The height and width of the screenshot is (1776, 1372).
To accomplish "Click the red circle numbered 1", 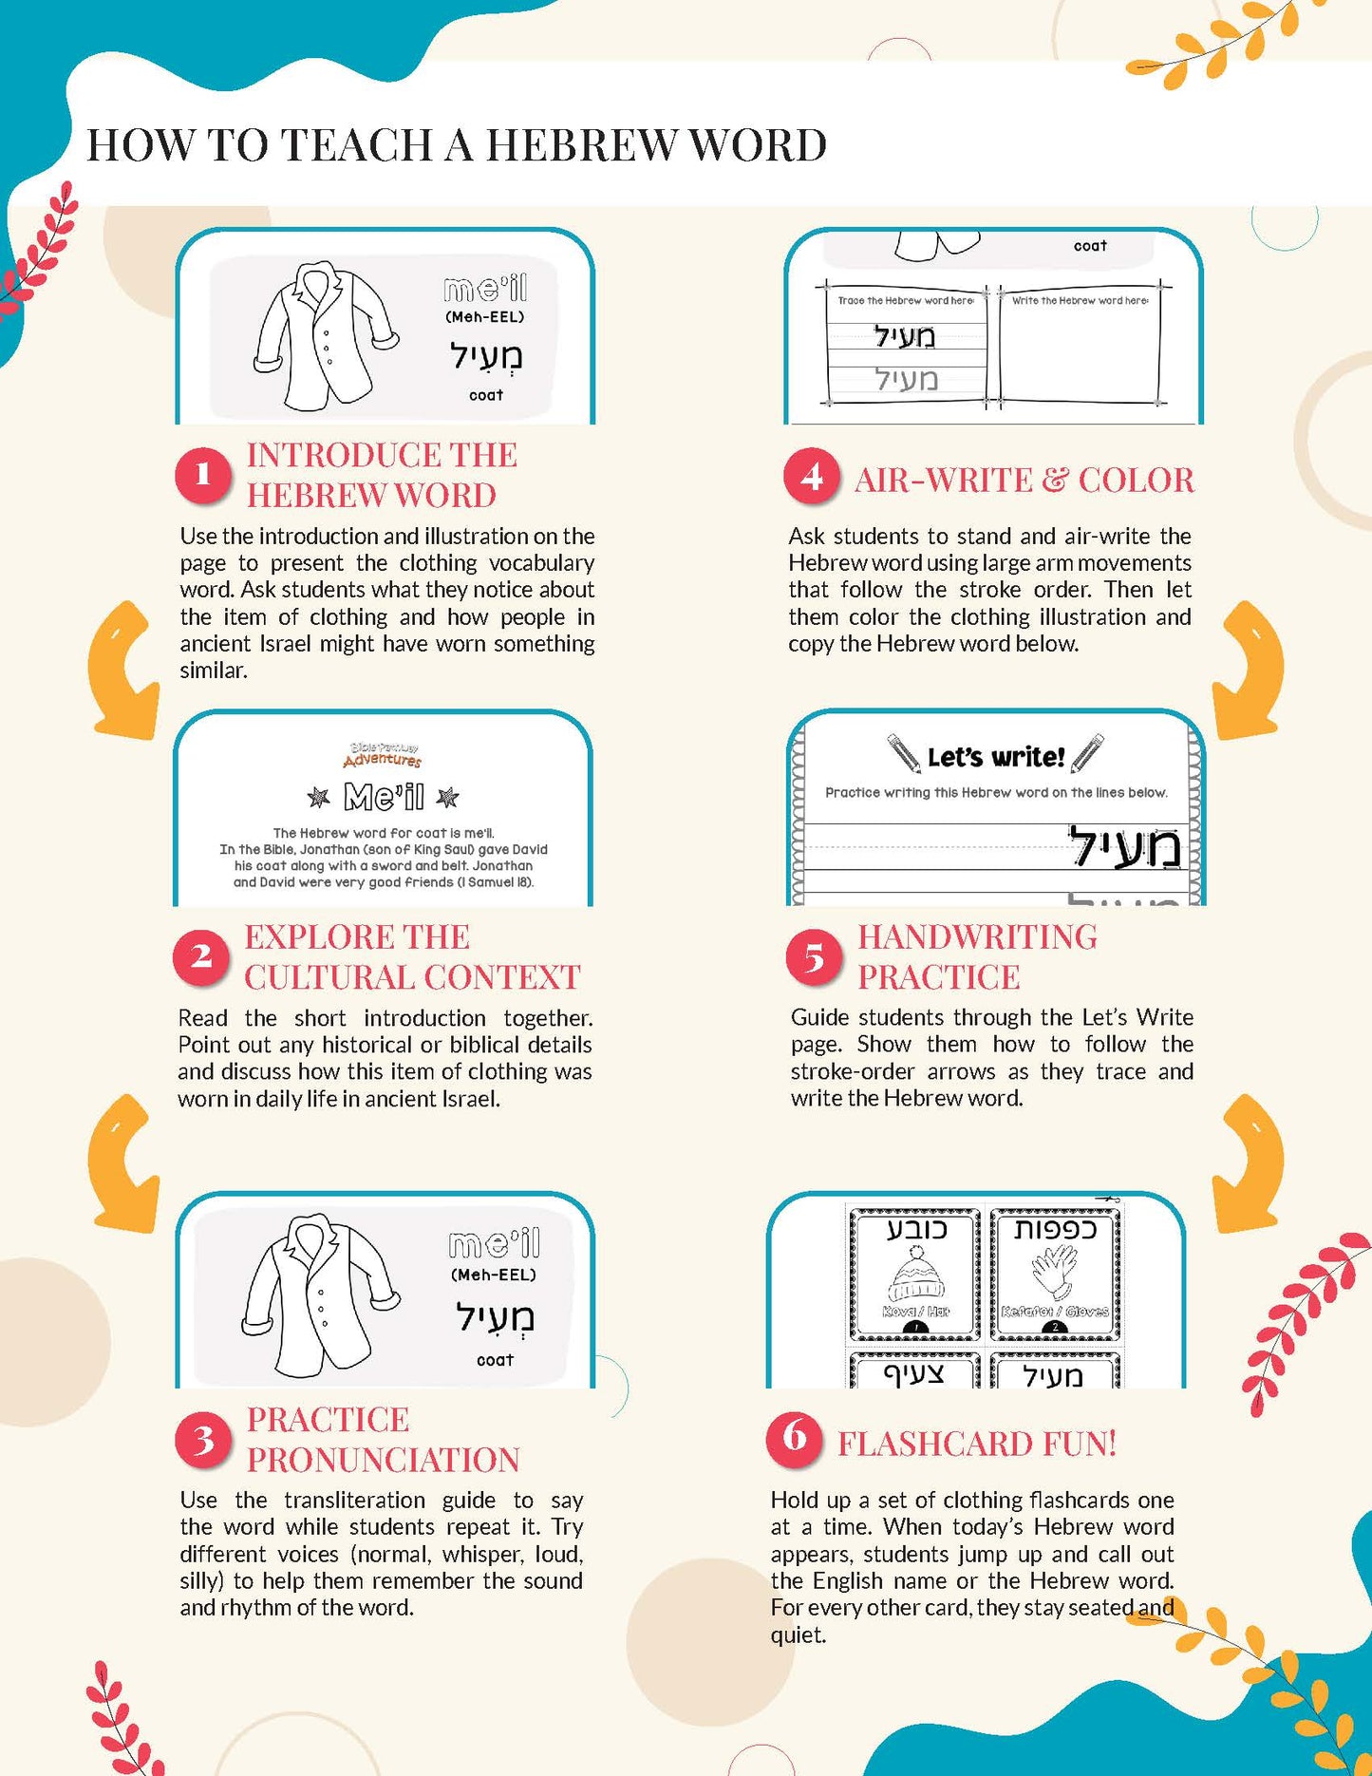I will [x=202, y=474].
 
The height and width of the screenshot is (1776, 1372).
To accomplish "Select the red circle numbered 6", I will [x=794, y=1438].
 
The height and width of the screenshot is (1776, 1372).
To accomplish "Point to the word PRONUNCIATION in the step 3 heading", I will [x=383, y=1460].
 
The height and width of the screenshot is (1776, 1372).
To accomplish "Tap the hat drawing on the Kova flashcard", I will [x=915, y=1274].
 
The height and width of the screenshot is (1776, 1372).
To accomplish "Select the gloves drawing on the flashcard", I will [x=1055, y=1272].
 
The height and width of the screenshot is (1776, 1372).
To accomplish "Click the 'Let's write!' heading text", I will [x=996, y=757].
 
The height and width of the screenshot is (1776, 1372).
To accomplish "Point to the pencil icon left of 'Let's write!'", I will [x=903, y=753].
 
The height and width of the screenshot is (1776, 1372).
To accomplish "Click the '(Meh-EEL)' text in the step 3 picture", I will [x=494, y=1275].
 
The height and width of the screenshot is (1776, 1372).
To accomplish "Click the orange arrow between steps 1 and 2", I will [x=123, y=671].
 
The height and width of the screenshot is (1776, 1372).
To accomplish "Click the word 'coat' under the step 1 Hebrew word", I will [x=486, y=395].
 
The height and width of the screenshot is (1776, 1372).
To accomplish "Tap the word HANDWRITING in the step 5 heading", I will [x=977, y=936].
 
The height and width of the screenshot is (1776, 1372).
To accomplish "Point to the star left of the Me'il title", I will [x=318, y=797].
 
